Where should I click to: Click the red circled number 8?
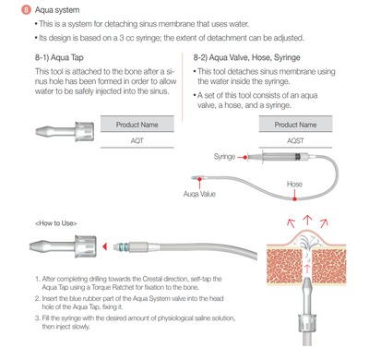(x=26, y=10)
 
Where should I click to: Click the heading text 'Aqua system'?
(x=57, y=10)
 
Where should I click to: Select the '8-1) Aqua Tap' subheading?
(x=59, y=57)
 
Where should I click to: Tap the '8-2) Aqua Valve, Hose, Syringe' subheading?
(x=246, y=57)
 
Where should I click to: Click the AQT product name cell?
(x=137, y=140)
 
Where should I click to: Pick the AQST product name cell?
(x=295, y=140)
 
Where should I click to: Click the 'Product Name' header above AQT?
(x=137, y=125)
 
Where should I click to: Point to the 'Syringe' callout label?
(x=224, y=157)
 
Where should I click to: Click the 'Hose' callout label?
(x=294, y=184)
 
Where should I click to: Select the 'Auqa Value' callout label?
(x=199, y=194)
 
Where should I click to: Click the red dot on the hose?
(x=294, y=198)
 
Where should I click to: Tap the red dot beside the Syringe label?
(x=245, y=157)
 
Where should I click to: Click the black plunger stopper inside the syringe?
(x=297, y=157)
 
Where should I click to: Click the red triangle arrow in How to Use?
(x=105, y=246)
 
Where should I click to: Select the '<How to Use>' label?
(x=56, y=223)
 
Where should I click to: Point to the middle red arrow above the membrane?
(x=307, y=221)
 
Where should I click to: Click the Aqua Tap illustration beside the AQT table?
(x=65, y=131)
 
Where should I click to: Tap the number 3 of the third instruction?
(x=37, y=318)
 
